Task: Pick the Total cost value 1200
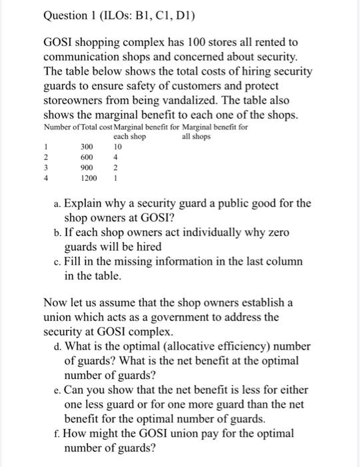point(89,178)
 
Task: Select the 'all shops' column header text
point(196,137)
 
